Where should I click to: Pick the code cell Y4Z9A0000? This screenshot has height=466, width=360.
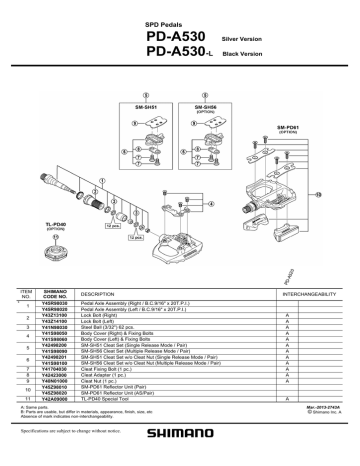pos(55,398)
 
